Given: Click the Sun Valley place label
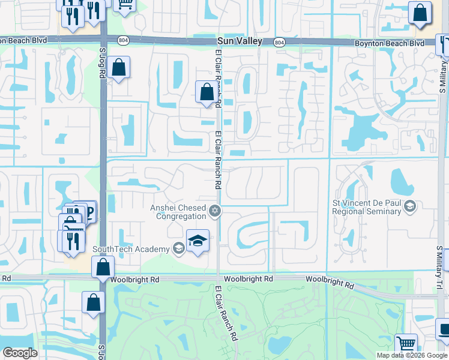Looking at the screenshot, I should tap(240, 41).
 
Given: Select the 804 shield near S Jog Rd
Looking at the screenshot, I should tap(123, 40).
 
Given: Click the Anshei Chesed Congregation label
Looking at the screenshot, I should tap(178, 212).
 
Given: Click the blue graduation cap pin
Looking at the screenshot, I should tap(197, 240).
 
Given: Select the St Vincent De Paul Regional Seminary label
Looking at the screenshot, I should tap(367, 207).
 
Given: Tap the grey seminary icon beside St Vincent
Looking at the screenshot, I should tap(410, 207).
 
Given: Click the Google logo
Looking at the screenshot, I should tap(20, 353).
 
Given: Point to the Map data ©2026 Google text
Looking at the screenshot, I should tap(411, 355).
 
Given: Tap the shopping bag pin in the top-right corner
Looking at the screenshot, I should tap(420, 12).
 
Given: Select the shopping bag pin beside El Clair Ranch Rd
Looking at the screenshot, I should tap(206, 92).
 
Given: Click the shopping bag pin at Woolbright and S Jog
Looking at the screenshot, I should tap(103, 267).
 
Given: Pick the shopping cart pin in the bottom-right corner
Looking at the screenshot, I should tap(406, 344).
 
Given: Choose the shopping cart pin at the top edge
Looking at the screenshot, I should tap(125, 4).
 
